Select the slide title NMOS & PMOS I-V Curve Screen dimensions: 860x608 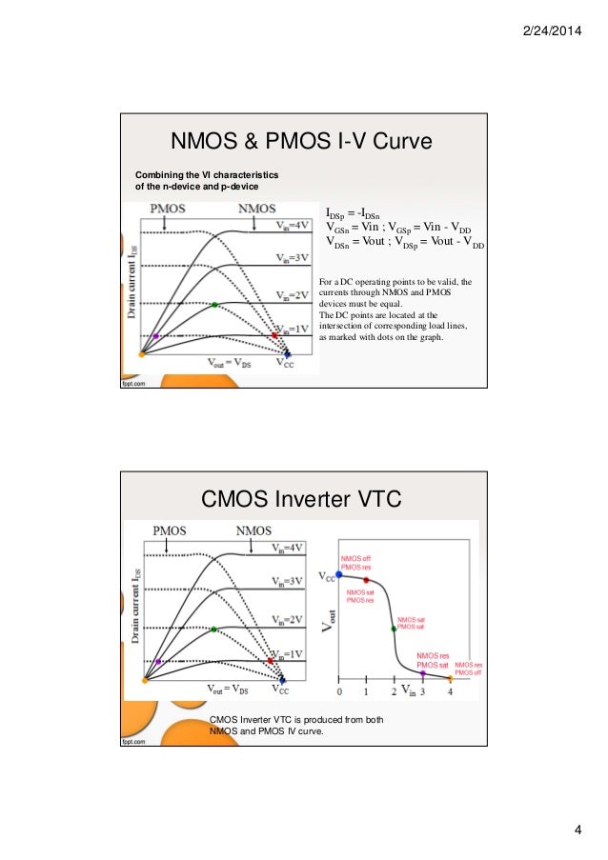click(x=301, y=141)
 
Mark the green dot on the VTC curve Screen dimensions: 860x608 click(x=394, y=628)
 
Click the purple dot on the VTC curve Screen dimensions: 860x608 click(x=422, y=673)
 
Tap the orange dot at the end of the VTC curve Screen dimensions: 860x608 click(x=450, y=679)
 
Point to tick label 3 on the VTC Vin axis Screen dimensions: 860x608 click(x=422, y=691)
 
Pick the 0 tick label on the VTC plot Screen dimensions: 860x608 click(x=340, y=691)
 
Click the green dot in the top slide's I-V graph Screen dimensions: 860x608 click(x=215, y=305)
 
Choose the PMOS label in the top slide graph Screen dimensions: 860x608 click(x=167, y=209)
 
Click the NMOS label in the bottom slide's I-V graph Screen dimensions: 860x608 click(x=254, y=530)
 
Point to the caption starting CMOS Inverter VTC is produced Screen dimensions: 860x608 click(x=296, y=726)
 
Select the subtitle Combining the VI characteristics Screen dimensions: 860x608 click(x=205, y=179)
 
